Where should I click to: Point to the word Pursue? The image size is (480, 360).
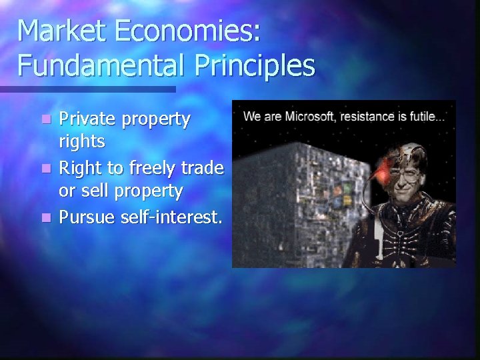click(87, 216)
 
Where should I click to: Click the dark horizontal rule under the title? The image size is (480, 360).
click(87, 89)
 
